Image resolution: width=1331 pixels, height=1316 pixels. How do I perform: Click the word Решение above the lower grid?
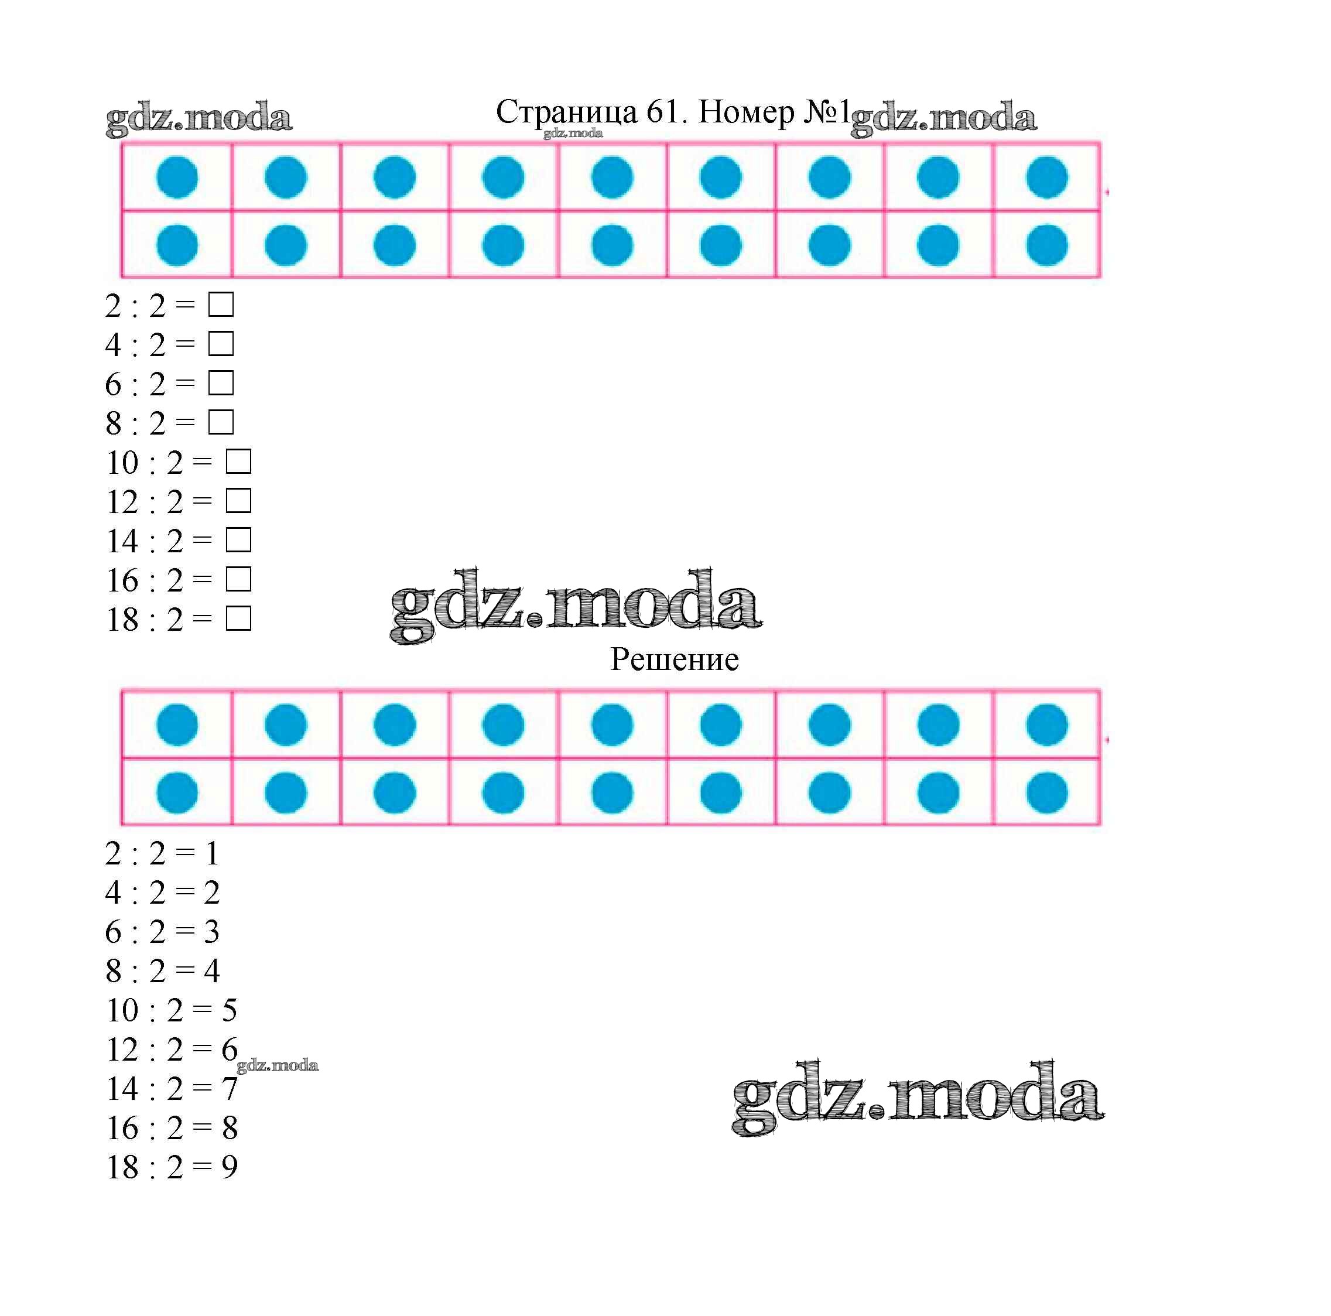tap(675, 660)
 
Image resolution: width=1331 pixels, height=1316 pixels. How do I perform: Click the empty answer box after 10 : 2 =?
tap(238, 462)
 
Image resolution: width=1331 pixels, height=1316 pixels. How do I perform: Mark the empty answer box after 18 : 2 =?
tap(238, 618)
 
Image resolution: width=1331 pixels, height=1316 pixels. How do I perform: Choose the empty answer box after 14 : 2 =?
tap(238, 540)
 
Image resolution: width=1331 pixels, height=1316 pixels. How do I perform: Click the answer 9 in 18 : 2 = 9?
tap(229, 1167)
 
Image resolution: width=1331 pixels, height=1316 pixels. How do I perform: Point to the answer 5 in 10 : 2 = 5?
tap(229, 1011)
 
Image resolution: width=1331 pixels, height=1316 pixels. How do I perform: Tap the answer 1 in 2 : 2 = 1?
tap(212, 854)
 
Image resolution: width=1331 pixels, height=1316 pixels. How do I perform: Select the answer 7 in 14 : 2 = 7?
tap(229, 1089)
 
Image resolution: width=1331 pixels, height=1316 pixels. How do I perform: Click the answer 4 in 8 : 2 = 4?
tap(211, 972)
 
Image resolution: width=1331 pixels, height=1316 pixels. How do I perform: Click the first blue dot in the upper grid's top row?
tap(177, 177)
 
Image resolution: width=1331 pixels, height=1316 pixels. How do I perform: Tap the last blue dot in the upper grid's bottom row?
tap(1047, 245)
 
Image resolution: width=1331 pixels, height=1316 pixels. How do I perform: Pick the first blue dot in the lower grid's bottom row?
tap(177, 792)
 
